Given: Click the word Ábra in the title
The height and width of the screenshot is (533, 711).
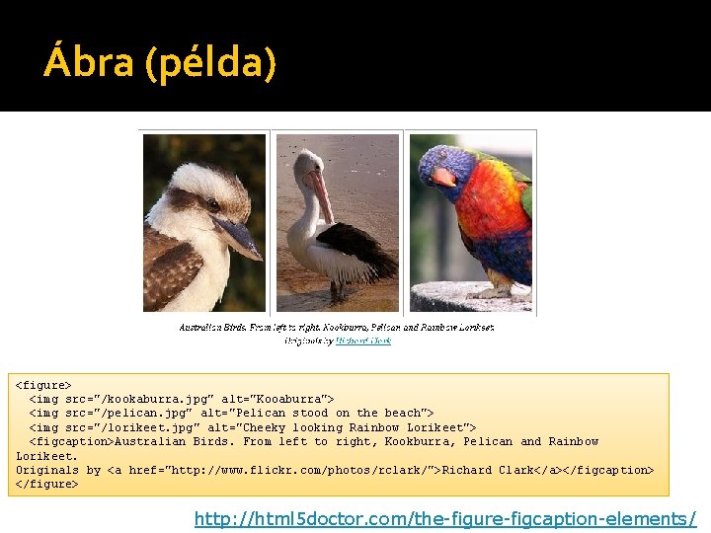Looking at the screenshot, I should [90, 64].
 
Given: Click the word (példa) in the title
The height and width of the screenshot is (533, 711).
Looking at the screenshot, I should [210, 64].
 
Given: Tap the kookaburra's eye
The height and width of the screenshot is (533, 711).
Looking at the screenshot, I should [213, 204].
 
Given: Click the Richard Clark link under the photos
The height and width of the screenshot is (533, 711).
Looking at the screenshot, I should [363, 341].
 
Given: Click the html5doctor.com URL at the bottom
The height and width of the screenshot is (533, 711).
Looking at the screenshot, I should [445, 518].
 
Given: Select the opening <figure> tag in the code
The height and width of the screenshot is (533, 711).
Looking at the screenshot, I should [43, 384].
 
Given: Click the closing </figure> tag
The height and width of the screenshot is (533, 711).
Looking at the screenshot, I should [46, 484].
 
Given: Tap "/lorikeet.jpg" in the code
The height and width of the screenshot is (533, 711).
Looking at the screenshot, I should [138, 427].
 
